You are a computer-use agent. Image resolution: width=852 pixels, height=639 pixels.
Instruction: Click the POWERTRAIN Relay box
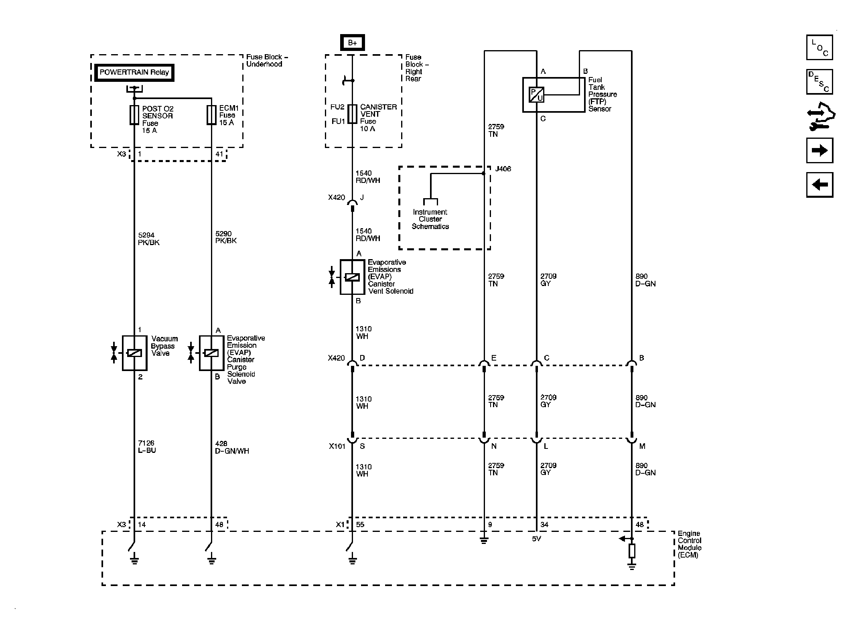coord(134,73)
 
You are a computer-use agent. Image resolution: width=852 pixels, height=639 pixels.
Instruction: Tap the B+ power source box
coord(352,43)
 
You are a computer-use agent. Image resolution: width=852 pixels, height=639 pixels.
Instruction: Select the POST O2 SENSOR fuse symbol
coord(134,115)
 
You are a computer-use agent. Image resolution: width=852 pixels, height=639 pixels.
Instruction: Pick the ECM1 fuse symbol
coord(211,115)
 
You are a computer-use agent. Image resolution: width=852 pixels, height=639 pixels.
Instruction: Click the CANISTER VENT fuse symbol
coord(352,114)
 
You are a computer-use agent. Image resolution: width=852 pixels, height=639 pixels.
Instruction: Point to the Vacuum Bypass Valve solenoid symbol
coord(134,353)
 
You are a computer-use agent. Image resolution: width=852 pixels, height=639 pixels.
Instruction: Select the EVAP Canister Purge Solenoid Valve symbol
coord(211,353)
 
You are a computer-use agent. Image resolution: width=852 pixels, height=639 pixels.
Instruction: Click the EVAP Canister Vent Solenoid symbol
coord(352,277)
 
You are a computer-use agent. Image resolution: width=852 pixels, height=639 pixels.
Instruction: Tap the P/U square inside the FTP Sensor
coord(536,95)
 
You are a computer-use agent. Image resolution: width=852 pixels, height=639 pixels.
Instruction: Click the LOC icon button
coord(820,47)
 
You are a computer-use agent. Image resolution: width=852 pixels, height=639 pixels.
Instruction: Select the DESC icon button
coord(820,82)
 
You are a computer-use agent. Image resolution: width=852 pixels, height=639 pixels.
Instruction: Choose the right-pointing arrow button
coord(820,150)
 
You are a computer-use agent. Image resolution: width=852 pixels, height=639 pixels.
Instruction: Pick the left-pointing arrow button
coord(820,185)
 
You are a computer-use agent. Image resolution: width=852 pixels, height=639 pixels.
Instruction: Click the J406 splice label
coord(503,169)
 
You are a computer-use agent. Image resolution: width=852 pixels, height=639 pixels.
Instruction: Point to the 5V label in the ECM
coord(537,539)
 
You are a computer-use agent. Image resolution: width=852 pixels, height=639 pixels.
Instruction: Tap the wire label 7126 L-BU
coord(147,446)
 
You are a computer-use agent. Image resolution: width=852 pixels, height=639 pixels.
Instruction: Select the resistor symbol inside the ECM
coord(632,551)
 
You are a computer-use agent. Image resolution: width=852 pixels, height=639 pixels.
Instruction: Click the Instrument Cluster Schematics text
coord(430,219)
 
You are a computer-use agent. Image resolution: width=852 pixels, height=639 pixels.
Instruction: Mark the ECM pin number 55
coord(360,525)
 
